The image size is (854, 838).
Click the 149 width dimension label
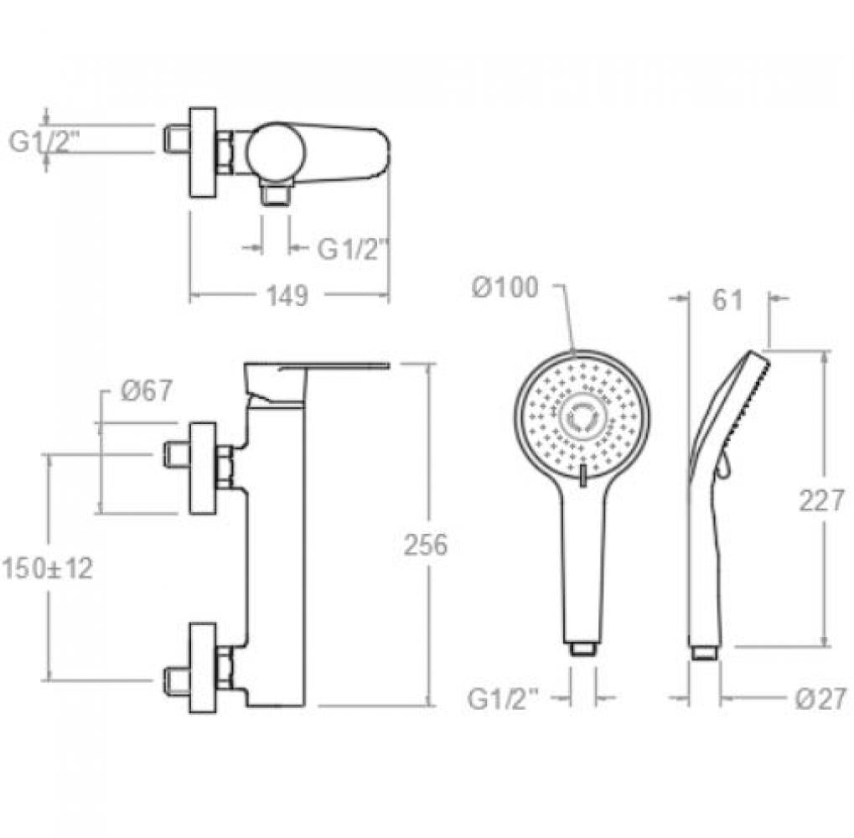(287, 296)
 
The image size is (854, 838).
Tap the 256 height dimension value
(426, 545)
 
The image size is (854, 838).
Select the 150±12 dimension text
(48, 568)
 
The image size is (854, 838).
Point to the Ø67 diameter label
(147, 391)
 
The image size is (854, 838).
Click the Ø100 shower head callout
(505, 287)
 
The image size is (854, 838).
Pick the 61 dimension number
(727, 300)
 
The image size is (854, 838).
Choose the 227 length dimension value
(821, 500)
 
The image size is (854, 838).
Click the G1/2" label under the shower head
(504, 699)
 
